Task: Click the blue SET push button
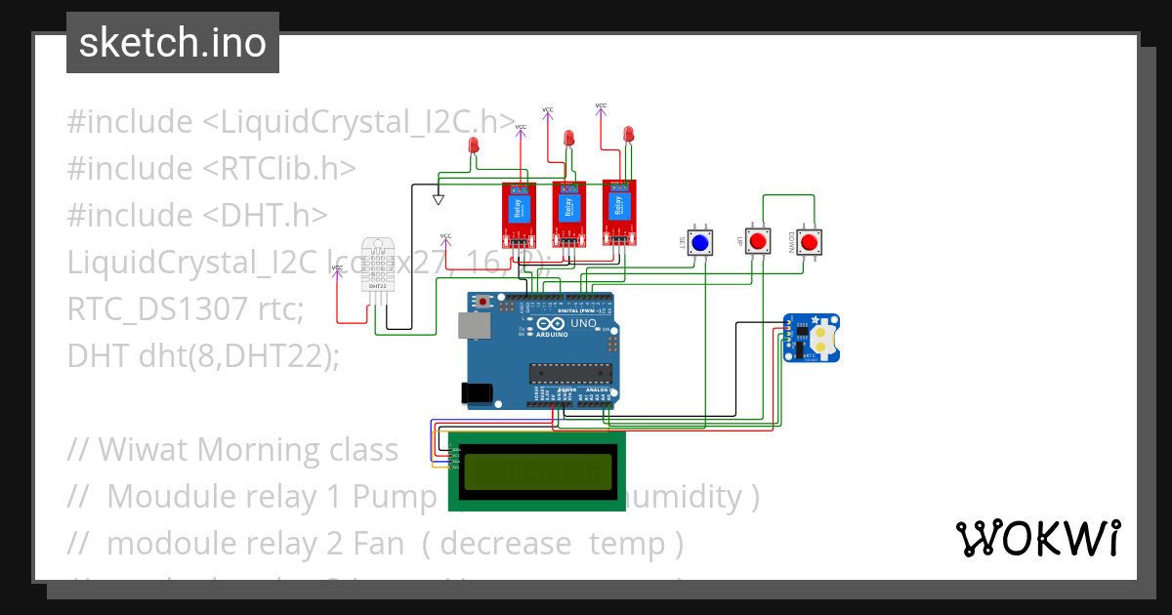coord(699,242)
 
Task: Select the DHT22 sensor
coord(380,265)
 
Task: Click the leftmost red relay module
coord(519,213)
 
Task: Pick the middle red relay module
coord(567,212)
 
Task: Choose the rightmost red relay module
coord(618,210)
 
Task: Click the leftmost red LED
coord(475,146)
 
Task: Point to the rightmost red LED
coord(628,133)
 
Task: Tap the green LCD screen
coord(537,471)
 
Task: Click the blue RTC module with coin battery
coord(812,338)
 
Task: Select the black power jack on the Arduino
coord(477,392)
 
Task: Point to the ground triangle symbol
coord(439,200)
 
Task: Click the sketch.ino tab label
coord(173,43)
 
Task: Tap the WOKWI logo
coord(1037,539)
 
